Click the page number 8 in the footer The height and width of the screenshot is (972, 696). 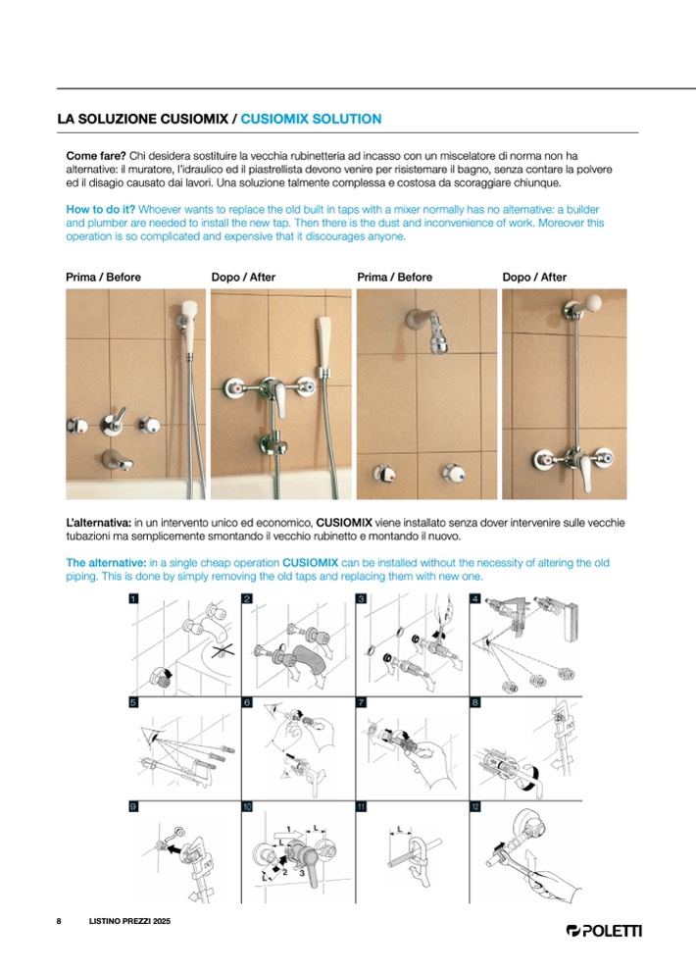(x=59, y=922)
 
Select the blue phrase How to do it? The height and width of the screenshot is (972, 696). (x=99, y=210)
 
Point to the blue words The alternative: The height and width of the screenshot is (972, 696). (x=105, y=562)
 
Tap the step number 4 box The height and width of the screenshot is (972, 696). (x=474, y=598)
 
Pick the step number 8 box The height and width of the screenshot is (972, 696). (x=474, y=702)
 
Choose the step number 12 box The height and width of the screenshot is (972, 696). (x=474, y=805)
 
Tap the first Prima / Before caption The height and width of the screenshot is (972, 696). (x=103, y=278)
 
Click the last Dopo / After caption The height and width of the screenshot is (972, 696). (x=534, y=278)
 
